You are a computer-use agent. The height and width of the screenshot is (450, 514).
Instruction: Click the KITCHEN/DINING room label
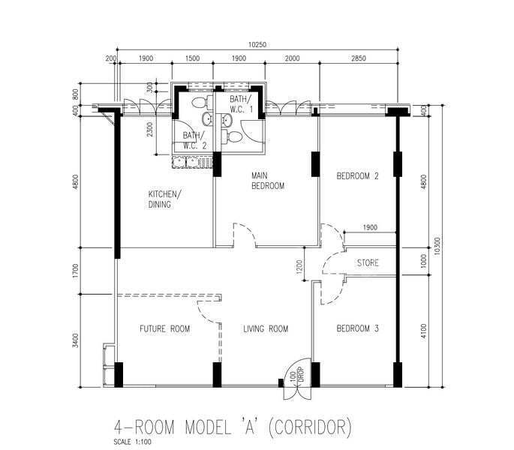coord(164,199)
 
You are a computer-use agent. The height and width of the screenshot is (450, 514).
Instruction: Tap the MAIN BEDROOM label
coord(267,181)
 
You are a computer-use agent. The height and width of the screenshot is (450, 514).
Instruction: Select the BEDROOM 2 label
coord(357,176)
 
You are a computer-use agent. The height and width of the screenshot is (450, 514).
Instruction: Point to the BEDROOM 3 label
coord(358,328)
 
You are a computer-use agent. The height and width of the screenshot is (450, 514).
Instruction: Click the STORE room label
coord(368,262)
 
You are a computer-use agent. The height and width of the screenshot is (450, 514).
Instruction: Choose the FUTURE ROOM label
coord(165,328)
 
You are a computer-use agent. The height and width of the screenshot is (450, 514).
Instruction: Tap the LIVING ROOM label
coord(266,328)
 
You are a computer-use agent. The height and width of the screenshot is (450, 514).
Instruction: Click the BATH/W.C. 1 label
coord(242,104)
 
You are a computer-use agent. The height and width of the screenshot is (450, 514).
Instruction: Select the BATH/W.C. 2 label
coord(194,140)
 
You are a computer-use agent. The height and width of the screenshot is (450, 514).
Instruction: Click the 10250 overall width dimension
coord(257,44)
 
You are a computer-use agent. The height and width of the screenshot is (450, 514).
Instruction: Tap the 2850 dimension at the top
coord(359,58)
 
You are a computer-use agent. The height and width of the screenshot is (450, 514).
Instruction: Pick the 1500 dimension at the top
coord(192,58)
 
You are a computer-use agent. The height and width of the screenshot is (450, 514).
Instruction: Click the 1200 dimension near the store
coord(299,267)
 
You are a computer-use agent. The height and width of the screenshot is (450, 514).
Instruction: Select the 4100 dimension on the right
coord(423,331)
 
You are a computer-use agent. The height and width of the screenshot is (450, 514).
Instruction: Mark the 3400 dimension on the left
coord(76,340)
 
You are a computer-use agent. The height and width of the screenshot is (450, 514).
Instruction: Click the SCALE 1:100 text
coord(132,442)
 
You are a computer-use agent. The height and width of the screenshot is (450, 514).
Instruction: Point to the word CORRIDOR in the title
coord(309,427)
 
